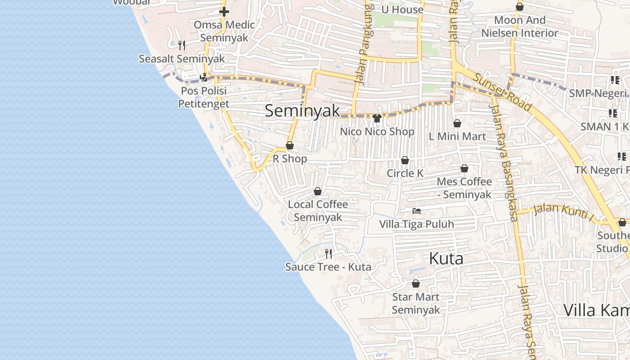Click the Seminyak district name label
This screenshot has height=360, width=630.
point(302,111)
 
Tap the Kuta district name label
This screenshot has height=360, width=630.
point(446,258)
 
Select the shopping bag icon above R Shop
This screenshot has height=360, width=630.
point(290,145)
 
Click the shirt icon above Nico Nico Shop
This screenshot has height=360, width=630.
point(377,118)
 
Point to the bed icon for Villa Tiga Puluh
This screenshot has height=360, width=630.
point(417,211)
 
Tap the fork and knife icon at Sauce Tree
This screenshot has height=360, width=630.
point(328,254)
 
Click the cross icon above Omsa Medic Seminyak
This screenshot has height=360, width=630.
point(224,12)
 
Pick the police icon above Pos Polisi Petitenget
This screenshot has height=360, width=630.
point(204,77)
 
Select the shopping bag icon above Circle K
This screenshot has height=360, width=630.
point(405,160)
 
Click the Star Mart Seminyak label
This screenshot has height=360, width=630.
point(416,303)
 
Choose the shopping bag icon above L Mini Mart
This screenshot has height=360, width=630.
point(457,123)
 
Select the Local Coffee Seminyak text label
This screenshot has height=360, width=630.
point(318,211)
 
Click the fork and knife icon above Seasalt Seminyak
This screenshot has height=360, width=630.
point(182,45)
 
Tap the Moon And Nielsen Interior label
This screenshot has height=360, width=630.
point(520,27)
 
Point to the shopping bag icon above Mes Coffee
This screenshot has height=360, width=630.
point(464,168)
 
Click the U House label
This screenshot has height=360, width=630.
point(402,9)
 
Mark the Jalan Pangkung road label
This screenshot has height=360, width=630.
point(365,45)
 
